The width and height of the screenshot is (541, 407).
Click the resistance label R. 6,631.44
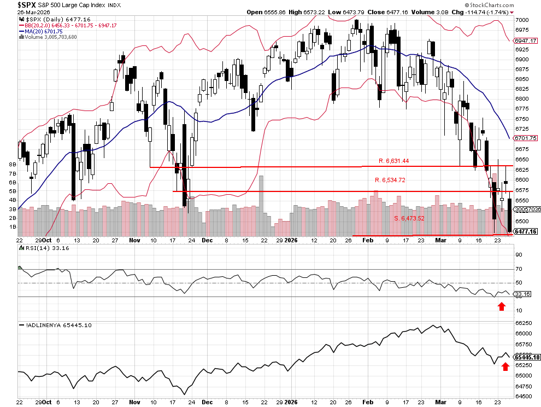(x=393, y=161)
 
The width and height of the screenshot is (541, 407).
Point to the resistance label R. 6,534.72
(x=390, y=180)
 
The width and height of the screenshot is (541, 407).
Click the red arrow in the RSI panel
(x=501, y=306)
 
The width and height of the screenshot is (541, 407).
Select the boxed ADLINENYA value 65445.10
(x=528, y=357)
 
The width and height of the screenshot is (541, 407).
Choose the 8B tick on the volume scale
(x=13, y=164)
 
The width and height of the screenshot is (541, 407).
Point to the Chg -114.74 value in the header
(x=486, y=11)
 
